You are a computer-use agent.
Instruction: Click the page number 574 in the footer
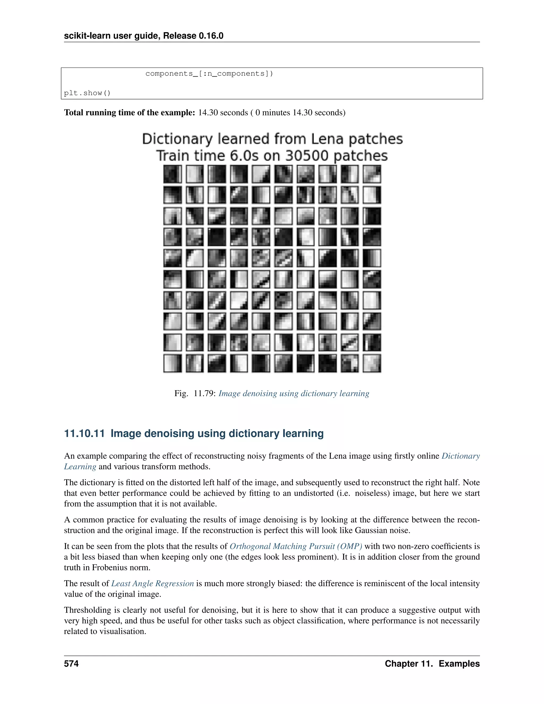coord(71,663)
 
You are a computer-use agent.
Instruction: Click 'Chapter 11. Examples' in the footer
coord(432,663)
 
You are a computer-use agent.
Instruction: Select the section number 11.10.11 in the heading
coord(84,434)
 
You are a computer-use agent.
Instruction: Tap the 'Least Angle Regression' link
coord(152,583)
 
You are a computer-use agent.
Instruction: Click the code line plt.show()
coord(87,93)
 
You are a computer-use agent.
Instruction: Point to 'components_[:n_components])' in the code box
coord(209,74)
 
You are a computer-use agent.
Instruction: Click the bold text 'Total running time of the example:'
coord(130,112)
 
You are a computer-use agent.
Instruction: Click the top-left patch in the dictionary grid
coord(172,174)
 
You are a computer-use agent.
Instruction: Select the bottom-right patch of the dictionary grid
coord(372,363)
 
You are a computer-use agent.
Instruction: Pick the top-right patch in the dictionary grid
coord(372,174)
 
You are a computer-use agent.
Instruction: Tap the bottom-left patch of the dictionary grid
coord(172,363)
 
